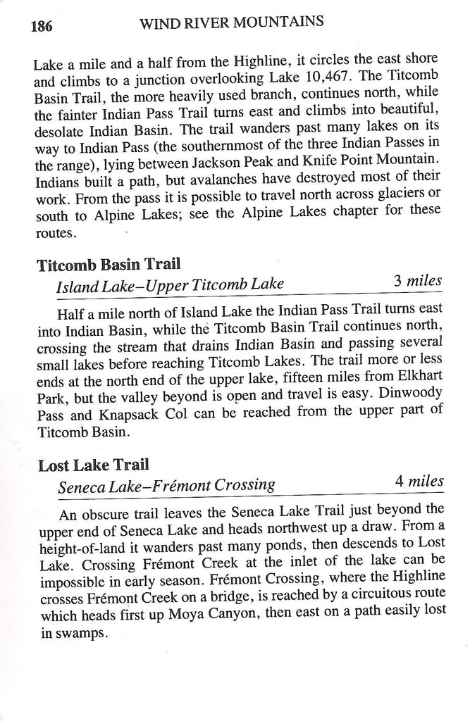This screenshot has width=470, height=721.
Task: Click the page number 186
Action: click(x=42, y=27)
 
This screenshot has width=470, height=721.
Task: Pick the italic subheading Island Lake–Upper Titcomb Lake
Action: click(x=170, y=284)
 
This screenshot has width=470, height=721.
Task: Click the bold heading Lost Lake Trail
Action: click(x=94, y=465)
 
